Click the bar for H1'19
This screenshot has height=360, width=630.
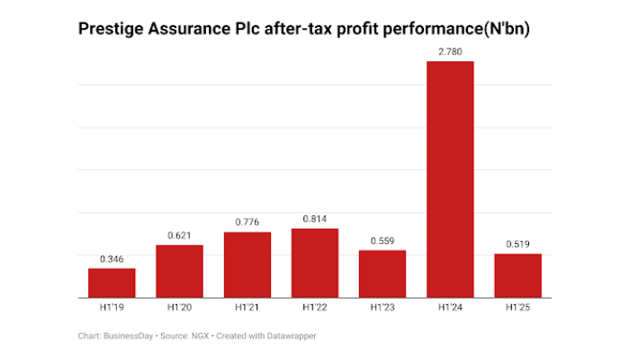pyautogui.click(x=112, y=283)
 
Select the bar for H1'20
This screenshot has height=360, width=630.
pyautogui.click(x=179, y=271)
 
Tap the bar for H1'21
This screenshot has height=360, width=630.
pyautogui.click(x=247, y=265)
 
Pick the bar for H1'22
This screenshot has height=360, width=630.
pyautogui.click(x=315, y=263)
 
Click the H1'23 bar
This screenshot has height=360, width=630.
pyautogui.click(x=382, y=274)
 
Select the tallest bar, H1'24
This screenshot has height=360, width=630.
pyautogui.click(x=450, y=180)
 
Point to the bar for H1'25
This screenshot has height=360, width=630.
pyautogui.click(x=517, y=275)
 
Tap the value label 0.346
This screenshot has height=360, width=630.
pyautogui.click(x=112, y=259)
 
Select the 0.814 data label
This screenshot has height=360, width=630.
pyautogui.click(x=315, y=219)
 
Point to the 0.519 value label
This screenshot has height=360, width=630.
pyautogui.click(x=517, y=244)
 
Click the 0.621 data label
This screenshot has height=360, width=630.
pyautogui.click(x=179, y=235)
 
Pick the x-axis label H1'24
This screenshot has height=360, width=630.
pyautogui.click(x=450, y=308)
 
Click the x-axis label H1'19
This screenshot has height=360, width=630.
pyautogui.click(x=112, y=308)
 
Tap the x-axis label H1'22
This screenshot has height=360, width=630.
pyautogui.click(x=315, y=308)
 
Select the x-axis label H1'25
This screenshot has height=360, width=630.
pyautogui.click(x=517, y=308)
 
